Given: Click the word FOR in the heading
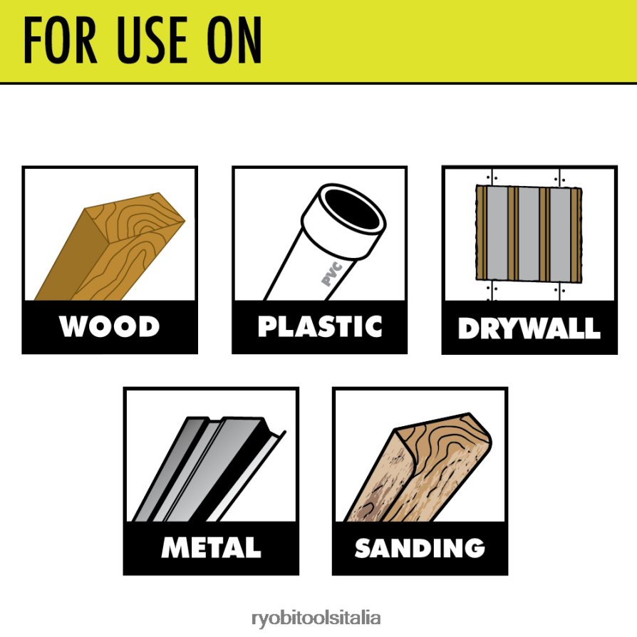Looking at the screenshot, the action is (60, 40).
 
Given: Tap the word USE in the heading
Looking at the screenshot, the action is (152, 40).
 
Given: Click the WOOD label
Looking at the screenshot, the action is (109, 326).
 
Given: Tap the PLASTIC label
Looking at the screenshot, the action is (320, 326).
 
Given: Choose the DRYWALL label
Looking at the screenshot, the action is (529, 328).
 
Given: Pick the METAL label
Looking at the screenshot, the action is (211, 547).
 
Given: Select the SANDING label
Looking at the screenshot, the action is (420, 548).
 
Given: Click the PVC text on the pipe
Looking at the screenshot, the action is (332, 274).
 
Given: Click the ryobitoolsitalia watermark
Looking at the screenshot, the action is (316, 618).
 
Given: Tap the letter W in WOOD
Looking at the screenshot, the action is (73, 326).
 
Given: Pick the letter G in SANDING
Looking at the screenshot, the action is (472, 548).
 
